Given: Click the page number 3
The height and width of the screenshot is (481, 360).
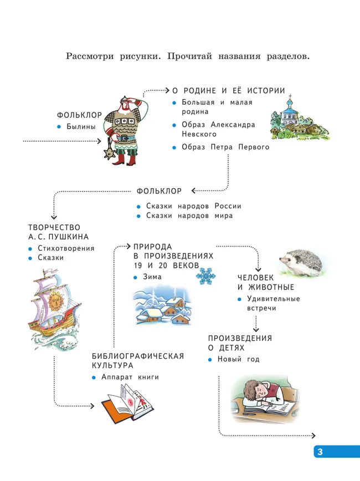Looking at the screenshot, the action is pyautogui.click(x=320, y=452).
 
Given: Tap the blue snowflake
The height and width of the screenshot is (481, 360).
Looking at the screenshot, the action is pyautogui.click(x=205, y=276).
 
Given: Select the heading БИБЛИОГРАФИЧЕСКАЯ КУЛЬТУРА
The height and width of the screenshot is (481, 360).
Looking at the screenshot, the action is pyautogui.click(x=138, y=361).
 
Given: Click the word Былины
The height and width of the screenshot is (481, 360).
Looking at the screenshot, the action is pyautogui.click(x=81, y=127).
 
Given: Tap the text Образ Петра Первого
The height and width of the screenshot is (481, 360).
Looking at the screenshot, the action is pyautogui.click(x=225, y=147).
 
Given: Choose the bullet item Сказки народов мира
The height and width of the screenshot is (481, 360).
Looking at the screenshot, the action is pyautogui.click(x=189, y=216).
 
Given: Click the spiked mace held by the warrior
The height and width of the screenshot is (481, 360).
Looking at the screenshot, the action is pyautogui.click(x=110, y=151).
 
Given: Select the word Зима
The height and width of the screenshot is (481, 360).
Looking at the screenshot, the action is pyautogui.click(x=152, y=277).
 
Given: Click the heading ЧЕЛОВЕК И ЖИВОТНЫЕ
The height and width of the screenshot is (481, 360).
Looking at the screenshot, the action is pyautogui.click(x=266, y=282).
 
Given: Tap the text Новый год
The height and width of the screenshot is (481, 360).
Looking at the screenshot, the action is pyautogui.click(x=239, y=359).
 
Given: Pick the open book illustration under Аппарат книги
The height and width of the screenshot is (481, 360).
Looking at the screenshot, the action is pyautogui.click(x=128, y=404).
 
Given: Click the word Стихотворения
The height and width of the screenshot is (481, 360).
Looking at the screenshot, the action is pyautogui.click(x=66, y=248).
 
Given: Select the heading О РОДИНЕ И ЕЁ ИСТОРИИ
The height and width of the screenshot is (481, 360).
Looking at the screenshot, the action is pyautogui.click(x=229, y=90).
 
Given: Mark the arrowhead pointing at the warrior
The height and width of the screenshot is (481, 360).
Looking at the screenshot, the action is pyautogui.click(x=99, y=141).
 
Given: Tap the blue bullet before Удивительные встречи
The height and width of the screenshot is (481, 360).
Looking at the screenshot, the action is pyautogui.click(x=239, y=299).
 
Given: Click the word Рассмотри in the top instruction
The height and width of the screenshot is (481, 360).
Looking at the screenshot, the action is pyautogui.click(x=90, y=56).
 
